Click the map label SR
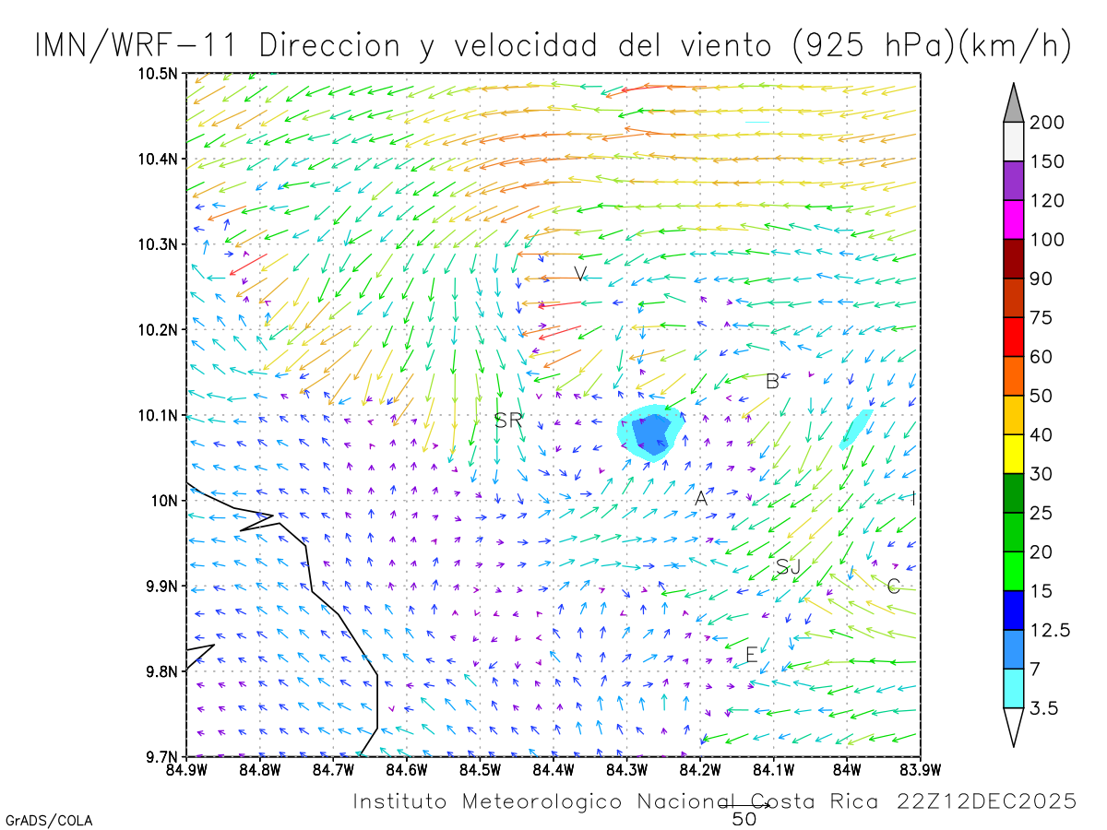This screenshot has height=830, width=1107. coord(508,421)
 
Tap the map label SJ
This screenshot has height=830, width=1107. coord(788,567)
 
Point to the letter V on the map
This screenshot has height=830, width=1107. coord(580,274)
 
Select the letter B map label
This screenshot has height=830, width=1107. coord(772,381)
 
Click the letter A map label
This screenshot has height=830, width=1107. coord(701,498)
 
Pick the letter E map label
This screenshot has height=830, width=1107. coord(752,655)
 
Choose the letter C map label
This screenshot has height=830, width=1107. coord(893,586)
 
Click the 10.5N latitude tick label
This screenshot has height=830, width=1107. coord(159,74)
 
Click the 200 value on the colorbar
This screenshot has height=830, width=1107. coord(1048,123)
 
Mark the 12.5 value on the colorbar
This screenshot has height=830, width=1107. coord(1051,630)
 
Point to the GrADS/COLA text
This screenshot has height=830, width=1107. coord(49,820)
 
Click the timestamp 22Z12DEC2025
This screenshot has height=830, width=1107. coord(986,801)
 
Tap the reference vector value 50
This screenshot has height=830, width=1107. coord(744,818)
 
